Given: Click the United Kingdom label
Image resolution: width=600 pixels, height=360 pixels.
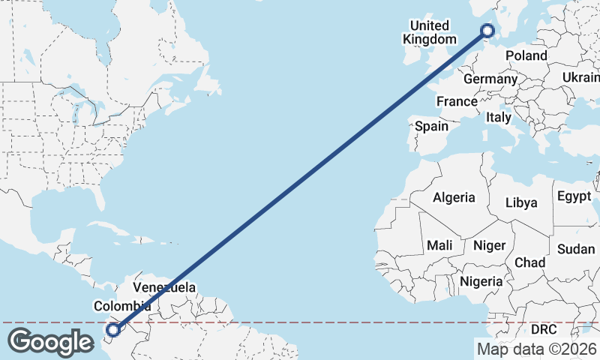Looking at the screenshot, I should coord(429,32).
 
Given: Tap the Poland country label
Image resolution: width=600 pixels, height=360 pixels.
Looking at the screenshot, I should coord(526,55).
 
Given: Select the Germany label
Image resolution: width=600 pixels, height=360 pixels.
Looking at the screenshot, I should coord(490,79).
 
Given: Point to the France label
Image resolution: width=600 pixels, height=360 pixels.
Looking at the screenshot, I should coord(457,101).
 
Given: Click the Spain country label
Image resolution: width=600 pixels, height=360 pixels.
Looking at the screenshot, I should coord(431,126).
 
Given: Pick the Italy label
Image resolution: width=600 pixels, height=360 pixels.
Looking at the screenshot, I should coord(499,118).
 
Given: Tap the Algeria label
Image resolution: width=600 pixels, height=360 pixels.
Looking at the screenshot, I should coord(453,197).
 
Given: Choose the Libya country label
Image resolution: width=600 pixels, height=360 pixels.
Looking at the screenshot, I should coord(521,202).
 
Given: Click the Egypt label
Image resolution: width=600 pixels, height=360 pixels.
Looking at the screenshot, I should coord(574,196).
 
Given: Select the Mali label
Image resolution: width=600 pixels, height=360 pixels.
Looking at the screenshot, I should coord(439,245).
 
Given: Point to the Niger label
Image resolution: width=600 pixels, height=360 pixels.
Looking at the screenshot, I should coord(489,245).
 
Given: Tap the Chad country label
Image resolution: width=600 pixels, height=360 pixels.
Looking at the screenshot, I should coord(529,262).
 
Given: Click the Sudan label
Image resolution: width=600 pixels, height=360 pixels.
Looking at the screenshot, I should coord(576,249).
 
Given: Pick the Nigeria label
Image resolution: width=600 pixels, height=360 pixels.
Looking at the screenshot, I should coord(481,281).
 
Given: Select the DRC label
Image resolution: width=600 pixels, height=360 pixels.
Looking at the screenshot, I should coord(544,329).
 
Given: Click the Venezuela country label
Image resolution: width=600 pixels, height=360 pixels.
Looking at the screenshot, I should coord(164,287).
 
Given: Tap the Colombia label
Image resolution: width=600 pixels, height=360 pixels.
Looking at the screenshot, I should coord(122,306).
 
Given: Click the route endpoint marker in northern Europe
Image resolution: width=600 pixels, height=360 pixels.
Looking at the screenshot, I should coord(487,31).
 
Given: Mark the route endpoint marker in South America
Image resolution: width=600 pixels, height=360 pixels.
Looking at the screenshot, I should coord(113,329).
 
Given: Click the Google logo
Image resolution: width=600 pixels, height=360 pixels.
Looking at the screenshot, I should coord(51,342).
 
